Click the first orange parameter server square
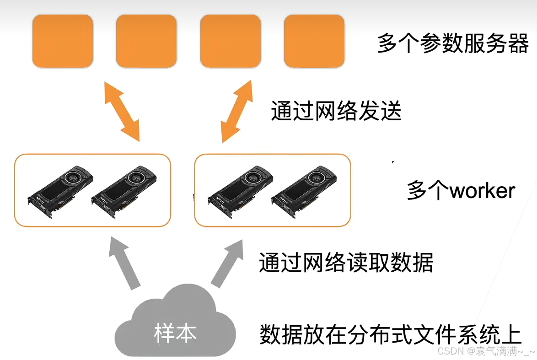[x=63, y=41]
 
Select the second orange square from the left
[x=146, y=41]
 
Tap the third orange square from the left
[x=231, y=41]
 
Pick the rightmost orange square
[x=314, y=41]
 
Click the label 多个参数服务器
[x=453, y=44]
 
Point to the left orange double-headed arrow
[x=122, y=111]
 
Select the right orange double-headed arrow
[x=236, y=111]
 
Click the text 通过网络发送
[x=336, y=111]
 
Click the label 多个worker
[x=461, y=190]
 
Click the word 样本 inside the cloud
[x=175, y=333]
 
